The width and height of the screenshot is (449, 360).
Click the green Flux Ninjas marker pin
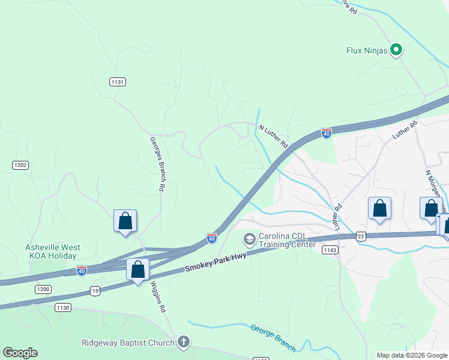396,50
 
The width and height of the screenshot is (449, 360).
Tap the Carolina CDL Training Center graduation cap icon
249,239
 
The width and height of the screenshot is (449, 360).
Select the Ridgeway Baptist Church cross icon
184,343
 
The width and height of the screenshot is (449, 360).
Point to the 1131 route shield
117,82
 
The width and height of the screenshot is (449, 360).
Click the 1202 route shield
20,164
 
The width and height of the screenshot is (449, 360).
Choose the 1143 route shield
329,250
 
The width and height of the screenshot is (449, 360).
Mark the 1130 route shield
63,307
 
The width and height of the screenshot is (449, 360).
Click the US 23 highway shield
360,236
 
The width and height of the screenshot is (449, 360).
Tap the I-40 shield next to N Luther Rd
326,133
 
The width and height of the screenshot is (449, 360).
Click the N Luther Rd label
274,137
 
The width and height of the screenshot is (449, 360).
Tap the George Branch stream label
273,338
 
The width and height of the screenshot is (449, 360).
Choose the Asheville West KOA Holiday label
52,251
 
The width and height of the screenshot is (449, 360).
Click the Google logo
20,353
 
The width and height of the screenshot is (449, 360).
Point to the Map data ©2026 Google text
411,355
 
